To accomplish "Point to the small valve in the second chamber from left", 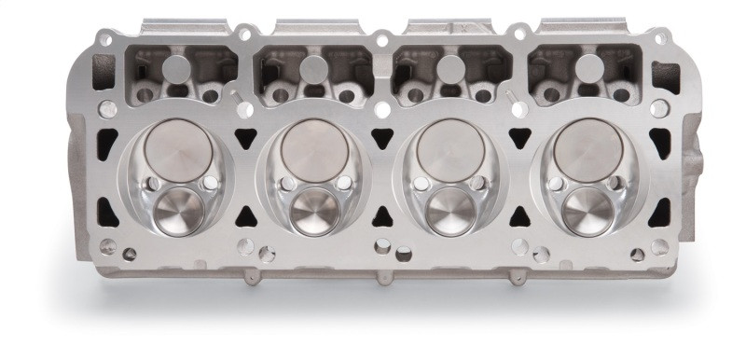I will (312, 212).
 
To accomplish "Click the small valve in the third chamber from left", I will (449, 212).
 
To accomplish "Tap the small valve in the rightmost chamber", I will (584, 212).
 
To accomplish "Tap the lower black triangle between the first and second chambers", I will (247, 216).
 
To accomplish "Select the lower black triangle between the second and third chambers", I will (382, 216).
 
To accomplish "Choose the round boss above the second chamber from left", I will (315, 67).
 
